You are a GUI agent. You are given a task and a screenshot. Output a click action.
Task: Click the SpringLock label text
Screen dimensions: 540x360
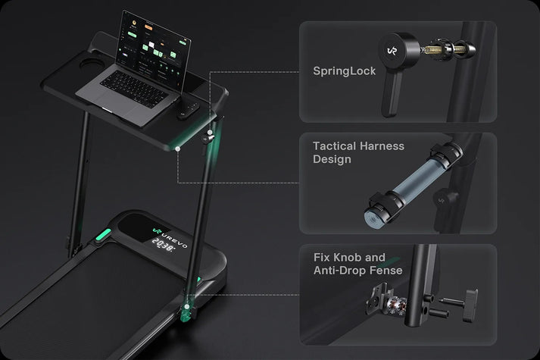point(344,71)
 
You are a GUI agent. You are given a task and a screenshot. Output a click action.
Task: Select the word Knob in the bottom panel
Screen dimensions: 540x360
point(348,258)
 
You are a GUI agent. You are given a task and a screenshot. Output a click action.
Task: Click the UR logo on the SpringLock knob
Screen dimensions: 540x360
point(392,51)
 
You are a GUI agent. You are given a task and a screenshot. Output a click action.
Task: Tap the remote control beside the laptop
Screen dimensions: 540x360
point(188,110)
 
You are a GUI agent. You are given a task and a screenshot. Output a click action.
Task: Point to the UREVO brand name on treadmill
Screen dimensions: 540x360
point(175,239)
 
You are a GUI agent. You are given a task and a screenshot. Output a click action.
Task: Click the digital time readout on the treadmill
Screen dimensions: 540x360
point(164,245)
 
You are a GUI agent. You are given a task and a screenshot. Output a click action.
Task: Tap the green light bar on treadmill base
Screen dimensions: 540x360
point(104,235)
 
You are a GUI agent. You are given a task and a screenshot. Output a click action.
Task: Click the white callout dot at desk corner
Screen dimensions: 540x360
point(178,149)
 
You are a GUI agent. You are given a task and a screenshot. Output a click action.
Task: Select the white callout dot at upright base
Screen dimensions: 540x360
point(186,306)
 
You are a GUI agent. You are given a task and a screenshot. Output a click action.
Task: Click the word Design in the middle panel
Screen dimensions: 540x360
point(332,159)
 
